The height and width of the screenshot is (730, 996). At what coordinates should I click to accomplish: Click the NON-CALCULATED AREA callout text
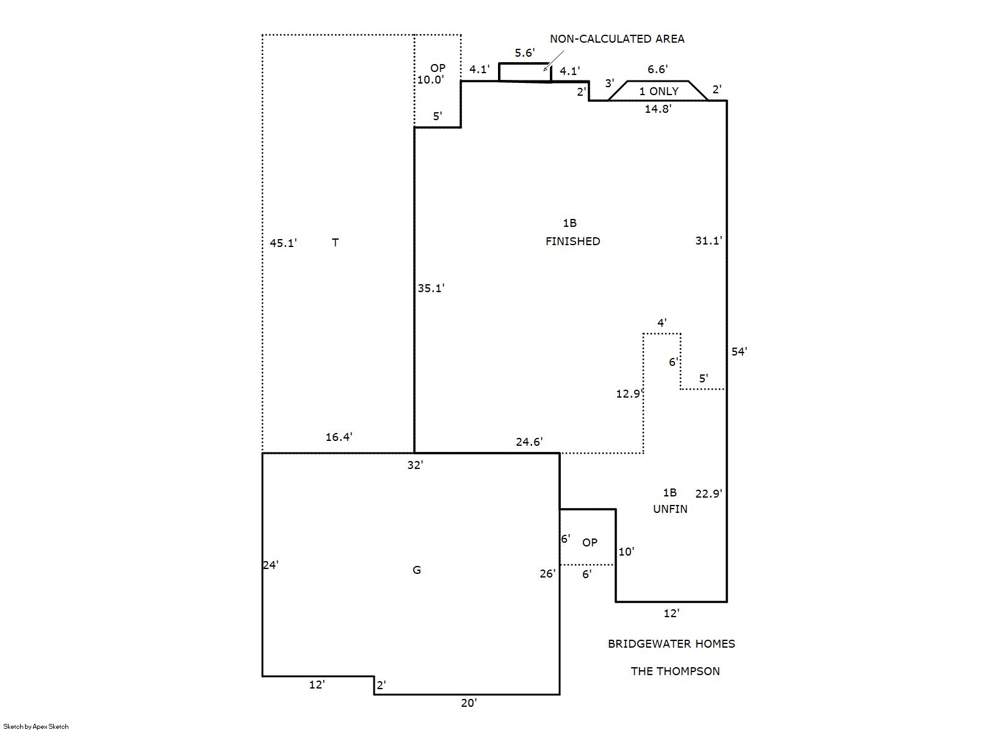point(617,39)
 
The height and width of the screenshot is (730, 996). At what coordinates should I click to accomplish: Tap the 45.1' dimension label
point(283,243)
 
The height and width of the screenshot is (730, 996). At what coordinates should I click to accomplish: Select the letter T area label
point(335,243)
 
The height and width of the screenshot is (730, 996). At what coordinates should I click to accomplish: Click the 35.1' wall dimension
point(431,288)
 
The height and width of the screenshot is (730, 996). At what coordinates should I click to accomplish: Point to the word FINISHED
point(572,242)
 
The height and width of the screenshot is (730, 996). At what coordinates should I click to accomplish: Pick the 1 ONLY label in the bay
point(659,91)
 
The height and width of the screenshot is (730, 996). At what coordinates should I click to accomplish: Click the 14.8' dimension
point(658,109)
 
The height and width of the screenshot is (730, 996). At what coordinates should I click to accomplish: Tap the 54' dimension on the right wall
point(739,352)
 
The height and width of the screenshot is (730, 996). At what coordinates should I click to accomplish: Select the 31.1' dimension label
point(709,241)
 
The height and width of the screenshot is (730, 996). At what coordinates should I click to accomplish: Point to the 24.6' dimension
point(529,442)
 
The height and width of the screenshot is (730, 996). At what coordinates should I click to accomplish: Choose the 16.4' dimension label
point(339,437)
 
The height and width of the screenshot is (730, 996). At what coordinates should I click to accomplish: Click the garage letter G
point(417,570)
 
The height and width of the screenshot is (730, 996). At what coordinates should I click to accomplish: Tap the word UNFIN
point(670,509)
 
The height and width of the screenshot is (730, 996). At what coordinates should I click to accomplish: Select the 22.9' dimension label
point(709,493)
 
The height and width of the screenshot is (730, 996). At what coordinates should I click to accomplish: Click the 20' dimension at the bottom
point(469,703)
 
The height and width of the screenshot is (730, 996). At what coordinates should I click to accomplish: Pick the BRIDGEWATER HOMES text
point(671,644)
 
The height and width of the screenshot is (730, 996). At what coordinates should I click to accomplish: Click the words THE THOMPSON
point(675,671)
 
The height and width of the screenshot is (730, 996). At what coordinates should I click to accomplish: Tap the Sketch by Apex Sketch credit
point(36,726)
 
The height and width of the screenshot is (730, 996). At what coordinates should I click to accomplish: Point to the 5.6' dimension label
point(525,53)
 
